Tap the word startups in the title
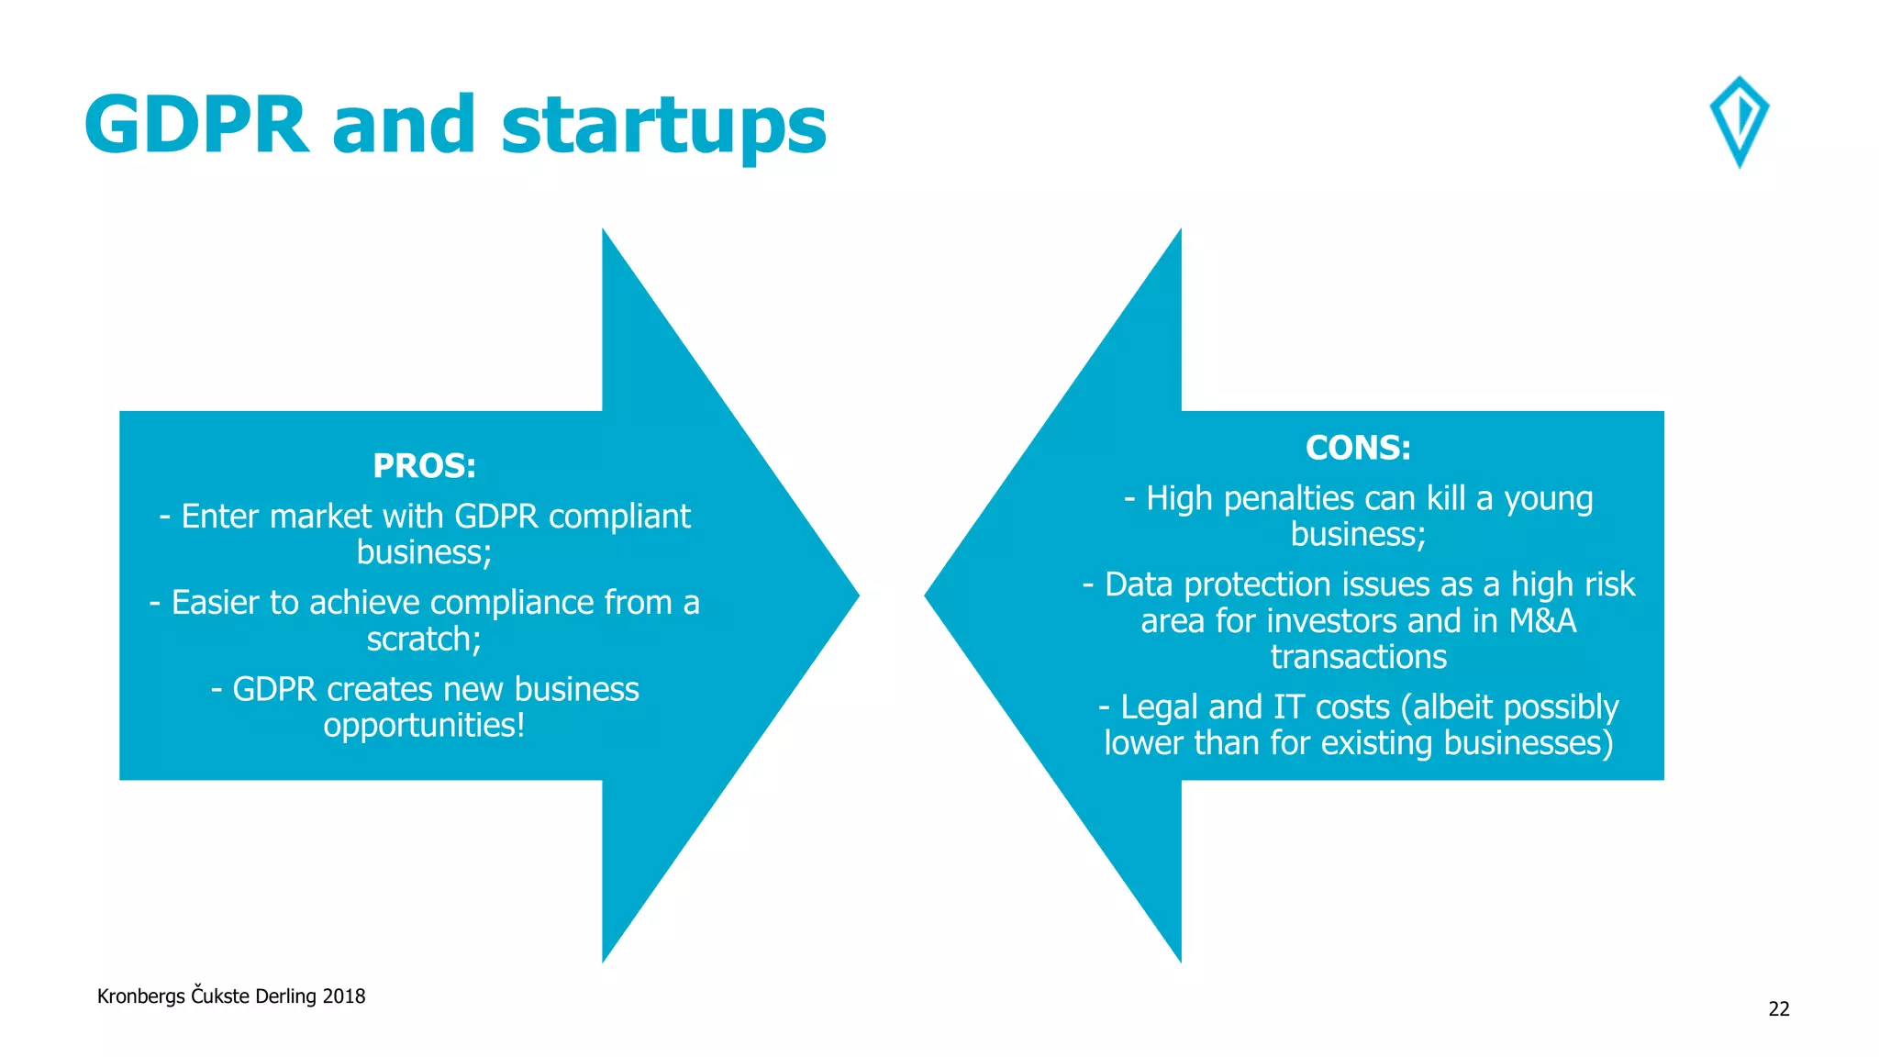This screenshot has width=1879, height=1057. [663, 127]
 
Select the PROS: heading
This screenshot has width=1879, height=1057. [424, 466]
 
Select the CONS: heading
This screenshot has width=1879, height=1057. [1358, 448]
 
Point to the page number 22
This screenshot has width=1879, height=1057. [1778, 1008]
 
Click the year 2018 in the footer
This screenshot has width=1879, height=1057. [344, 996]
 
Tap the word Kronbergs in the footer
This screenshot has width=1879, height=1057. [140, 996]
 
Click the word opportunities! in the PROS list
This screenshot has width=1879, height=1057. [424, 725]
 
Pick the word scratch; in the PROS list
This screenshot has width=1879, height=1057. [424, 639]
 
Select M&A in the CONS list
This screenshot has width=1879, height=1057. [1542, 621]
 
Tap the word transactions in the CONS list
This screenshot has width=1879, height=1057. [1358, 657]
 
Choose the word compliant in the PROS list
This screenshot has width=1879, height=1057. [619, 517]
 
